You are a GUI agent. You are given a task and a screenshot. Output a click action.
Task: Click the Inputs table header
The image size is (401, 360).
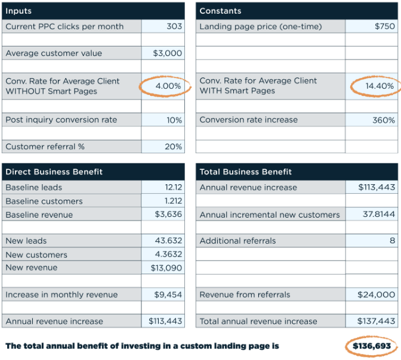[x=18, y=11]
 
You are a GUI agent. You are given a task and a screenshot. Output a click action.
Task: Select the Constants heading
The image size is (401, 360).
[x=220, y=11]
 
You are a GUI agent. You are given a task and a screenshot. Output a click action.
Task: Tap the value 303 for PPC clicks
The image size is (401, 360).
[x=174, y=26]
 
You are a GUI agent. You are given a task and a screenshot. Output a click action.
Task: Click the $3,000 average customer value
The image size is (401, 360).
[x=167, y=53]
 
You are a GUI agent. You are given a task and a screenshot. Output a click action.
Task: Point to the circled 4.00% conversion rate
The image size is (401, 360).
[x=168, y=86]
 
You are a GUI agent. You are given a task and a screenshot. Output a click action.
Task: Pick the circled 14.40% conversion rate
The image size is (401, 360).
[x=380, y=86]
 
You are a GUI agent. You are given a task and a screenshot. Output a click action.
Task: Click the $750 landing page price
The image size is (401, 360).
[x=385, y=26]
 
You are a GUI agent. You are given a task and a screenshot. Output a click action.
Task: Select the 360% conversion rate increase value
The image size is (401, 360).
[x=384, y=120]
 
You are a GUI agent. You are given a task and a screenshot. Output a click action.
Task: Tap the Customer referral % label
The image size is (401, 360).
[x=45, y=147]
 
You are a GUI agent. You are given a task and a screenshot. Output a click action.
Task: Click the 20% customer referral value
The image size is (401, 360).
[x=174, y=147]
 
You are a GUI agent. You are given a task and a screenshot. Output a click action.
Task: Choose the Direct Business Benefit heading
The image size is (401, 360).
[x=54, y=172]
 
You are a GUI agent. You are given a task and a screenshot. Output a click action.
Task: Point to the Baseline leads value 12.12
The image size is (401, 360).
[x=174, y=187]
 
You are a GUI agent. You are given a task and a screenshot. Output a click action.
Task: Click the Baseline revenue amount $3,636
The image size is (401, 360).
[x=168, y=214]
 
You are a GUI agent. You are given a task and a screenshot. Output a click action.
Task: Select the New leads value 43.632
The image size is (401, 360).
[x=168, y=241]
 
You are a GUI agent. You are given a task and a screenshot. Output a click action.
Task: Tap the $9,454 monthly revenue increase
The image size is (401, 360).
[x=168, y=294]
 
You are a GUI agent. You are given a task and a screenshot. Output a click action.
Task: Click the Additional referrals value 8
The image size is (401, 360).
[x=392, y=241]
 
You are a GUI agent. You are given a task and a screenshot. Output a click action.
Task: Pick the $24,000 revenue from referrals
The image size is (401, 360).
[x=376, y=294]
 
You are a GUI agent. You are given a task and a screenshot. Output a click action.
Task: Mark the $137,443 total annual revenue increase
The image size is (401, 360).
[x=376, y=321]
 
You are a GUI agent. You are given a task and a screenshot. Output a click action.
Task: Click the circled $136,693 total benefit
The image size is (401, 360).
[x=372, y=346]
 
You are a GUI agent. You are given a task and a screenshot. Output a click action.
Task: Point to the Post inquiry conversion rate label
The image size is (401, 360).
[x=61, y=120]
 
